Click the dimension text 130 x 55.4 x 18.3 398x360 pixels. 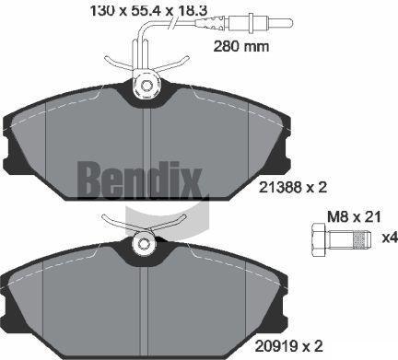tap(148, 10)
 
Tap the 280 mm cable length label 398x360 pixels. tap(241, 47)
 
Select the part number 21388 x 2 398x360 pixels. tap(292, 187)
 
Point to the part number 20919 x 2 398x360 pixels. tap(288, 346)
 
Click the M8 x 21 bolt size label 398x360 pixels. tap(354, 217)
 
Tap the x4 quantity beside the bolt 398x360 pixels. tap(390, 238)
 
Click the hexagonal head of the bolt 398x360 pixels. tap(320, 240)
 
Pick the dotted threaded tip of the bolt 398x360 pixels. tap(362, 240)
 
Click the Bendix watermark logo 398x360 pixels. tap(140, 180)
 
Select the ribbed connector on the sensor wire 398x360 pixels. tap(212, 22)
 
